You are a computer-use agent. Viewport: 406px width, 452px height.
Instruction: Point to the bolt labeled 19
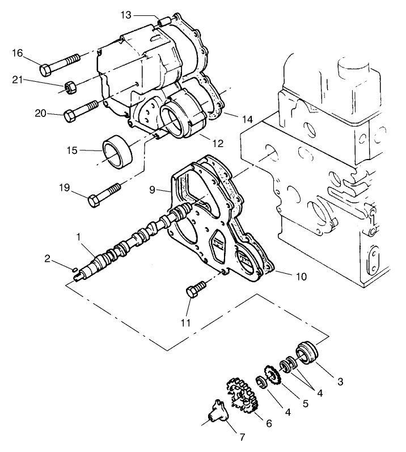(105, 194)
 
